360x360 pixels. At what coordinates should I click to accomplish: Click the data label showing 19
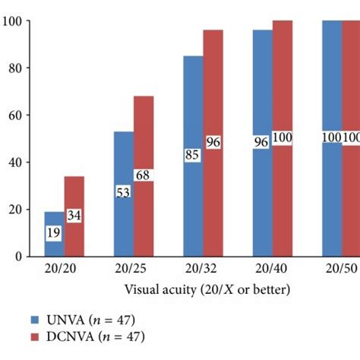coord(55,234)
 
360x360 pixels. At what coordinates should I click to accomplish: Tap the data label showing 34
coord(74,216)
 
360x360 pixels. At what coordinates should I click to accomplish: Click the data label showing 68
coord(144,175)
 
